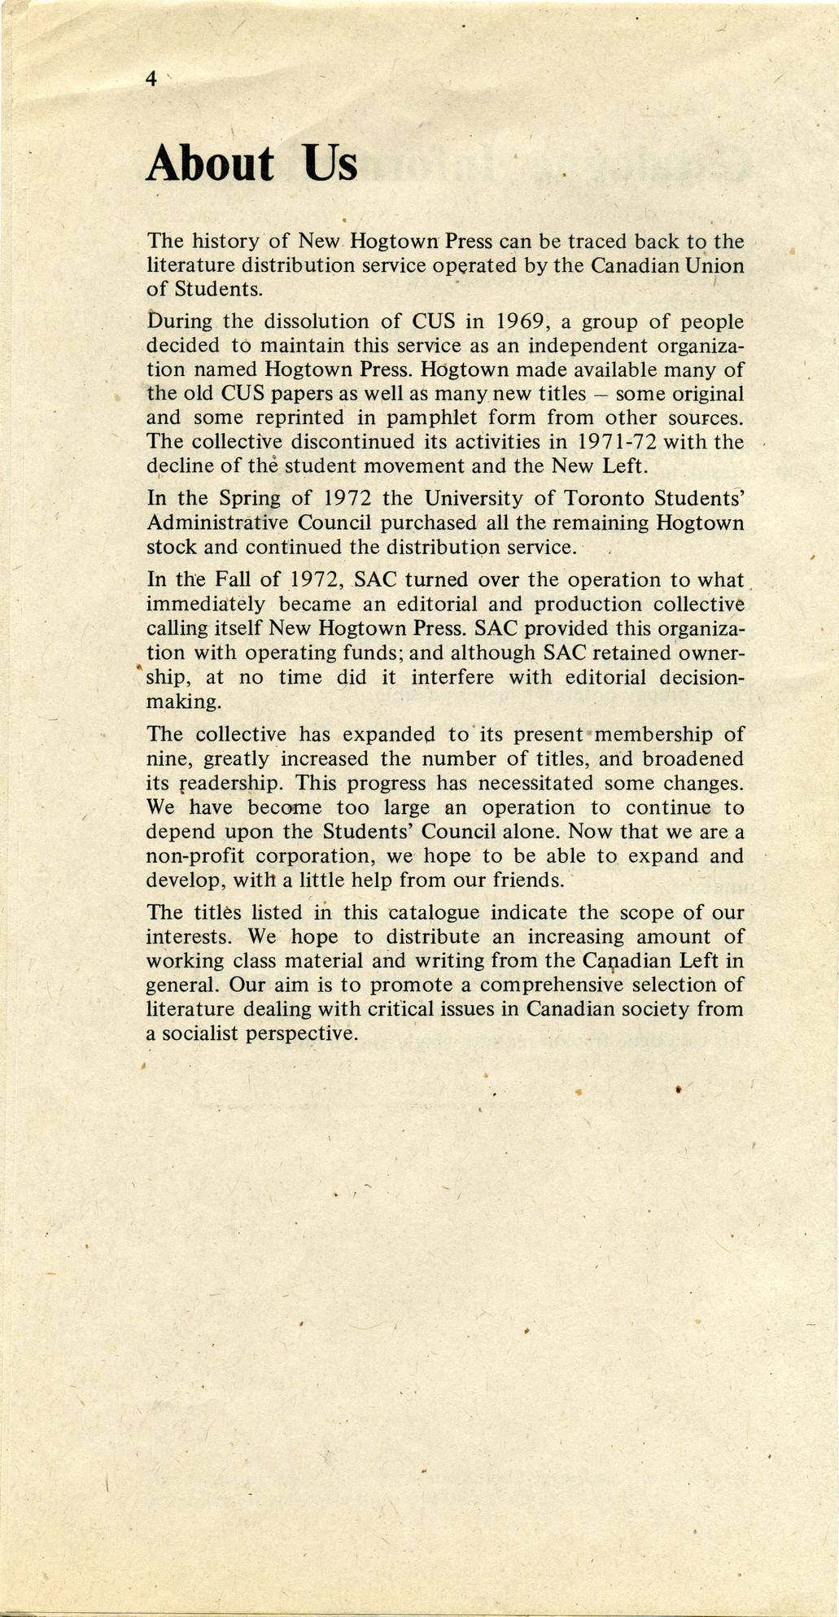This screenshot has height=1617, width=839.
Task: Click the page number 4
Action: tap(151, 78)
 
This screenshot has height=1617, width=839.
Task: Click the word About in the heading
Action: tap(210, 164)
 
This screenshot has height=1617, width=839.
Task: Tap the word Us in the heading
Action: tap(330, 164)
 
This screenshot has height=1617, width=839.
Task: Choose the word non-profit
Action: tap(194, 857)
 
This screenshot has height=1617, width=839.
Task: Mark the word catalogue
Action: tap(436, 913)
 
